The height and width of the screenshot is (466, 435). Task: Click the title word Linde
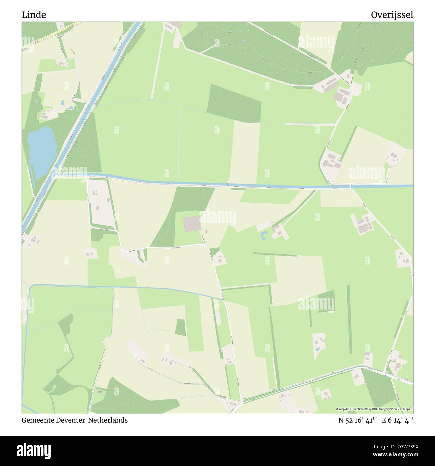point(34,15)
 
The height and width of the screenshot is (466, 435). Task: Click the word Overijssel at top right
point(392,15)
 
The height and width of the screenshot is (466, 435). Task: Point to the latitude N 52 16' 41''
point(358,420)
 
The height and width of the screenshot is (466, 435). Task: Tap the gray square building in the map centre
point(192,224)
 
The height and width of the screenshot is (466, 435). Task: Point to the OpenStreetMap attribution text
point(374,409)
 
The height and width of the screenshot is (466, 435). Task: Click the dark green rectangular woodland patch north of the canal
point(234,103)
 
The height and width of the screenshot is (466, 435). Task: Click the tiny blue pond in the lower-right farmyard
point(317,350)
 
